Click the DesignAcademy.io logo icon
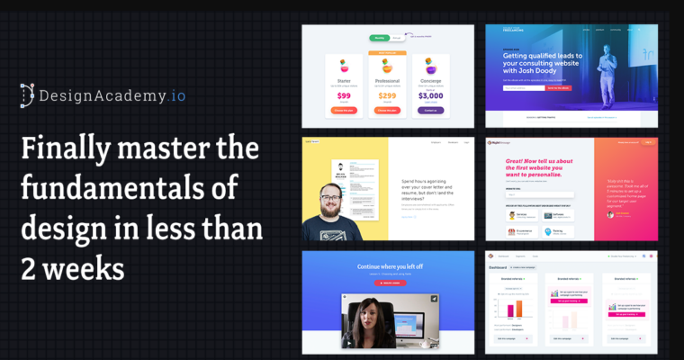point(27,94)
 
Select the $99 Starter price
point(344,95)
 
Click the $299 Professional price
point(387,95)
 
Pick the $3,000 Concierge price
point(430,95)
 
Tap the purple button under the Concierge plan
point(430,110)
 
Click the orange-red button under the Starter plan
point(344,110)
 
